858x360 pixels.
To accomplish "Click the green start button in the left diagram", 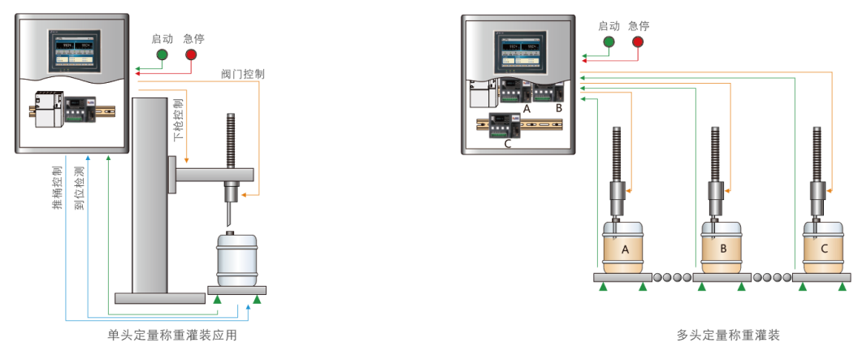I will click(x=162, y=54).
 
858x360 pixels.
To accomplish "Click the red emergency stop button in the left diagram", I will click(x=191, y=54).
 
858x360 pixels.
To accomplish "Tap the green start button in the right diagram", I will click(x=609, y=41).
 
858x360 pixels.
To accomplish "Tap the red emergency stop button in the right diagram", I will click(x=638, y=41).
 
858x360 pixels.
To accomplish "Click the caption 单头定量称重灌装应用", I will click(x=172, y=334).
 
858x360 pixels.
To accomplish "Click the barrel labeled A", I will click(x=625, y=248).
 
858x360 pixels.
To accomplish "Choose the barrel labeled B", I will click(x=723, y=248).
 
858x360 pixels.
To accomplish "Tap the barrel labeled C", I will click(x=824, y=248).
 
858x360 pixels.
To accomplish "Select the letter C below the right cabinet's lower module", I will click(x=508, y=144).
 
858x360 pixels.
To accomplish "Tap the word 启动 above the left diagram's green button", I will click(x=162, y=38).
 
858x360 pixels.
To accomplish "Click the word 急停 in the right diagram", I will click(x=639, y=25).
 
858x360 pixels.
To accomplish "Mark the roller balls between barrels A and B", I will click(x=671, y=277).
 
